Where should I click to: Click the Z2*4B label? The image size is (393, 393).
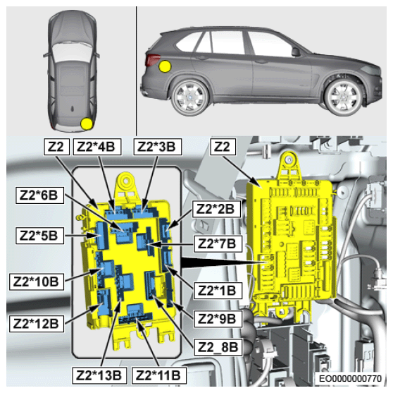coord(97,147)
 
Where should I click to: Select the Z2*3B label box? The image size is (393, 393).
coord(158,147)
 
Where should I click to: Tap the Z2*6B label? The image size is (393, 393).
coord(39,195)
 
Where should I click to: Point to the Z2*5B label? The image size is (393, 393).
coord(39,236)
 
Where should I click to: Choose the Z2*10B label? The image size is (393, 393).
coord(37,282)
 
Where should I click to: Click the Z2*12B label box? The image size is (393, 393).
coord(37,324)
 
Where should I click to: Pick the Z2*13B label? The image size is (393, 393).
coord(99,375)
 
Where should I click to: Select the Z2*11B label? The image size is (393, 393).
coord(159,375)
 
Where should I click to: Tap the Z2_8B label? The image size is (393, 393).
coord(218,347)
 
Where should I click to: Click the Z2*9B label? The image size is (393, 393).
coord(218,319)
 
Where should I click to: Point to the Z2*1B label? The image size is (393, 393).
coord(218,290)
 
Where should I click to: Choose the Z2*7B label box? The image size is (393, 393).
coord(218,243)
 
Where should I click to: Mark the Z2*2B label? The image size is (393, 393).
coord(216,209)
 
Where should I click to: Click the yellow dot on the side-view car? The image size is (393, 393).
coord(166,66)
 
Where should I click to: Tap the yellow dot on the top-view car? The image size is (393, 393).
coord(87,124)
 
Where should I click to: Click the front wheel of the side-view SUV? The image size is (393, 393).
coord(344,97)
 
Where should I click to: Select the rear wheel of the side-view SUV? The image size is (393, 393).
coord(190,97)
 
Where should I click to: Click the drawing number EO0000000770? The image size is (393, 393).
coord(350,378)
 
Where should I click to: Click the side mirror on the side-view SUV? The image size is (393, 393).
coord(296,52)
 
